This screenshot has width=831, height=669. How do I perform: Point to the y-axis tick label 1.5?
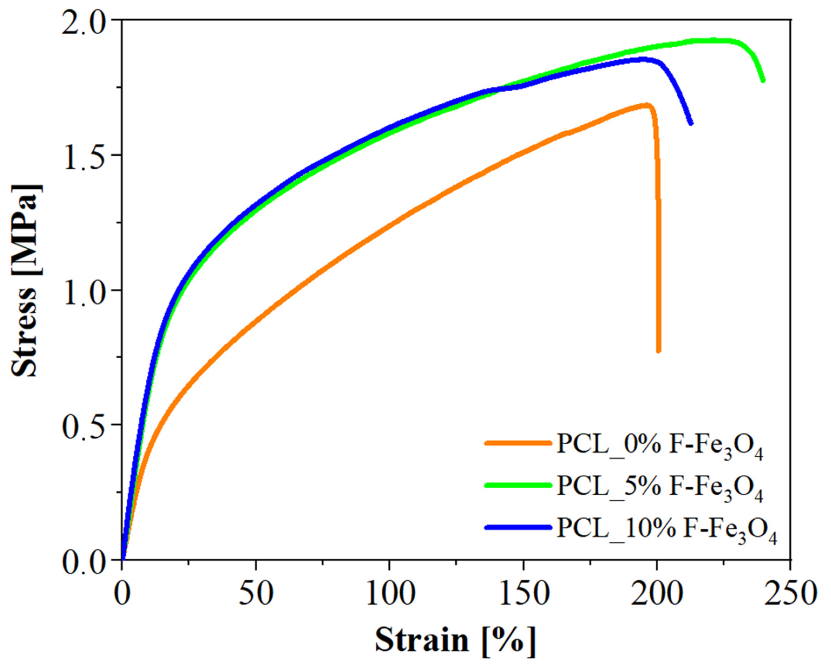[86, 155]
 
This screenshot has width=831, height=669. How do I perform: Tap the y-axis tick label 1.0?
[86, 291]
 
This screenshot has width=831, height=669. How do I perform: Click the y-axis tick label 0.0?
[86, 560]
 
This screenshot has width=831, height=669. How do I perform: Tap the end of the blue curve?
[691, 123]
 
